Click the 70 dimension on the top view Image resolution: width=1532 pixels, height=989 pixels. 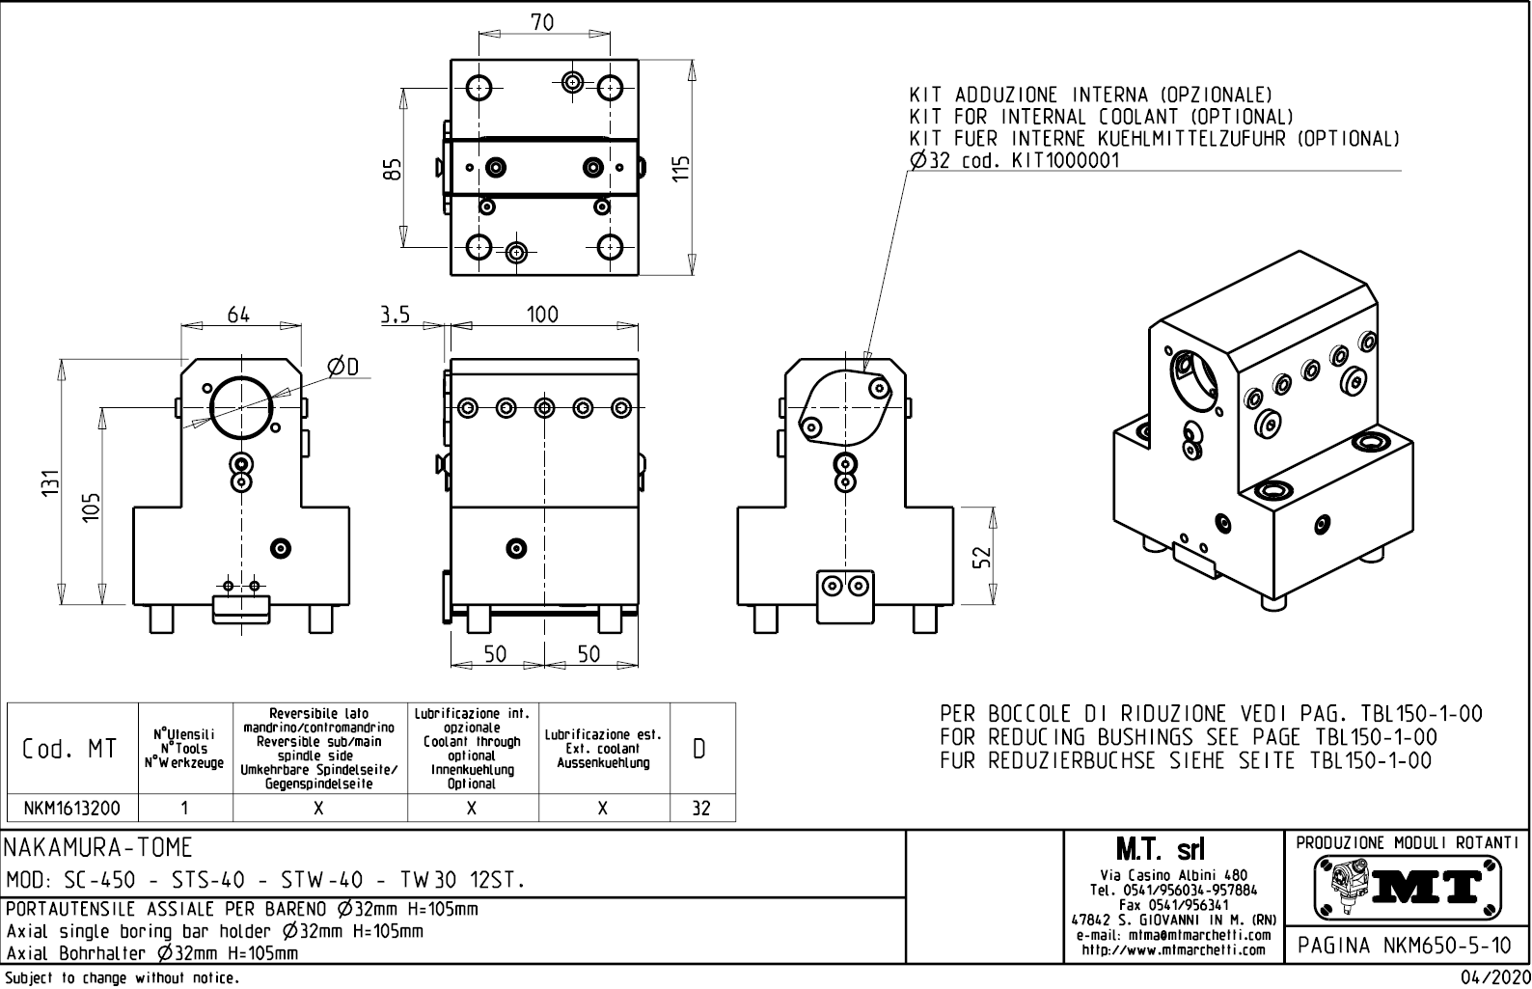point(543,22)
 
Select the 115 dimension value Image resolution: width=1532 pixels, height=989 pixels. point(681,170)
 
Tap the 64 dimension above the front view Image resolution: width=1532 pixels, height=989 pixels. point(238,315)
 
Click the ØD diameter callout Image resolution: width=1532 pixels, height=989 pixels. point(342,367)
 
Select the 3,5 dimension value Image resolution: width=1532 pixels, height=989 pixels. point(395,315)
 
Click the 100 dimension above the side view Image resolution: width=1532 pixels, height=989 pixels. point(542,315)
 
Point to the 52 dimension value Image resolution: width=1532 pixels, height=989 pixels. point(981,558)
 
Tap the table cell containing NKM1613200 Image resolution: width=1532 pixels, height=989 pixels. point(72,809)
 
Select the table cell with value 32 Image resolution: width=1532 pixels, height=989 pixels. point(701,809)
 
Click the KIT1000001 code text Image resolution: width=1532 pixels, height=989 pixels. point(1066,161)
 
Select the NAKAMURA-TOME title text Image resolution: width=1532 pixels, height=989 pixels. point(99,848)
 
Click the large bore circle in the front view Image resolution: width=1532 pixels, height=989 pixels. point(241,406)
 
